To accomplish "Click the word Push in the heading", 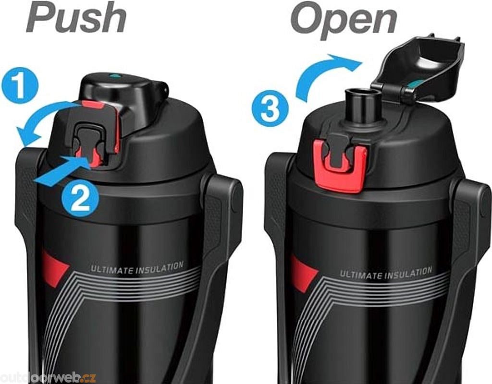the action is (76, 18).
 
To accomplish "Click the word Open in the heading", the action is (344, 19).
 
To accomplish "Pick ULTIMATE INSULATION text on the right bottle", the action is (386, 273).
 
